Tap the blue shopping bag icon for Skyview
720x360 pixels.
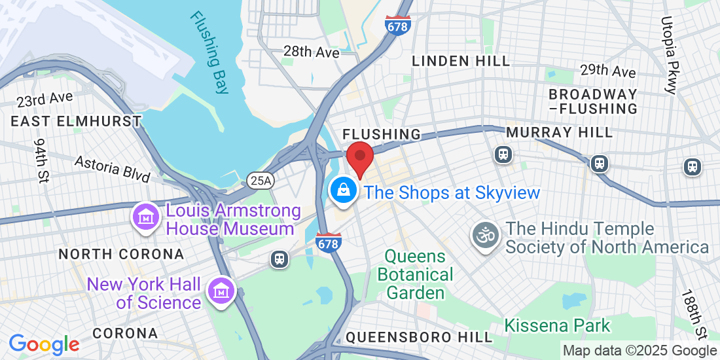[342, 191]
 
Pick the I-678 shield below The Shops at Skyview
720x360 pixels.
[328, 242]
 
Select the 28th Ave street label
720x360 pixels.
[311, 52]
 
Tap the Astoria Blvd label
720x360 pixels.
[113, 169]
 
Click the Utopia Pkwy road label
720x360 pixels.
[671, 56]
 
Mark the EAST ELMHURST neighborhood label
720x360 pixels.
[76, 122]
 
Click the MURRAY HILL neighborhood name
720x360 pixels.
[560, 133]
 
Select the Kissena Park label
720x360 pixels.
[557, 325]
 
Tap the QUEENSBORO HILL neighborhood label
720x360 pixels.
[418, 337]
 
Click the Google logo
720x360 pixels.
[44, 344]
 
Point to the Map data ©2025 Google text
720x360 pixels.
[640, 351]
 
